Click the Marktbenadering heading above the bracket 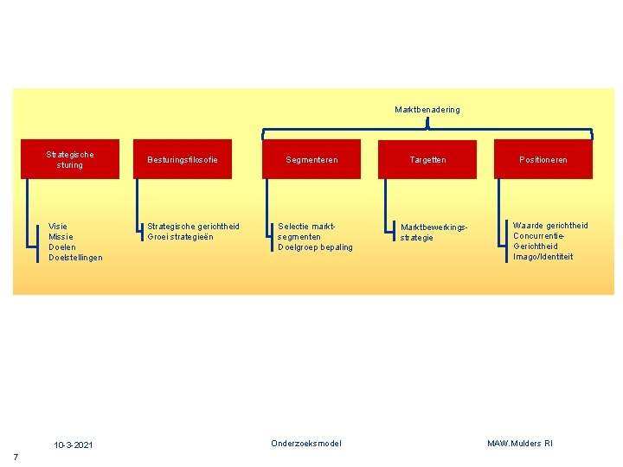[427, 110]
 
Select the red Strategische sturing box [71, 159]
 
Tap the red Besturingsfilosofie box [183, 159]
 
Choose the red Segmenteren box [311, 159]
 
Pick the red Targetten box [427, 159]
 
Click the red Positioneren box [543, 159]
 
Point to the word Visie [58, 226]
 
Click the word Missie [61, 236]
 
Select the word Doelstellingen [75, 257]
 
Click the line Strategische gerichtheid [193, 226]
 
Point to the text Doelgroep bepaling [315, 246]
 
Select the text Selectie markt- [306, 226]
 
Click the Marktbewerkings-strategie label [434, 232]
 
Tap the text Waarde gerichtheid [550, 226]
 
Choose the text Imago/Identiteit [543, 256]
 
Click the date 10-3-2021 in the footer [74, 445]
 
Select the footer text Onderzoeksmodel [306, 444]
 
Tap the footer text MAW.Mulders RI [519, 444]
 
